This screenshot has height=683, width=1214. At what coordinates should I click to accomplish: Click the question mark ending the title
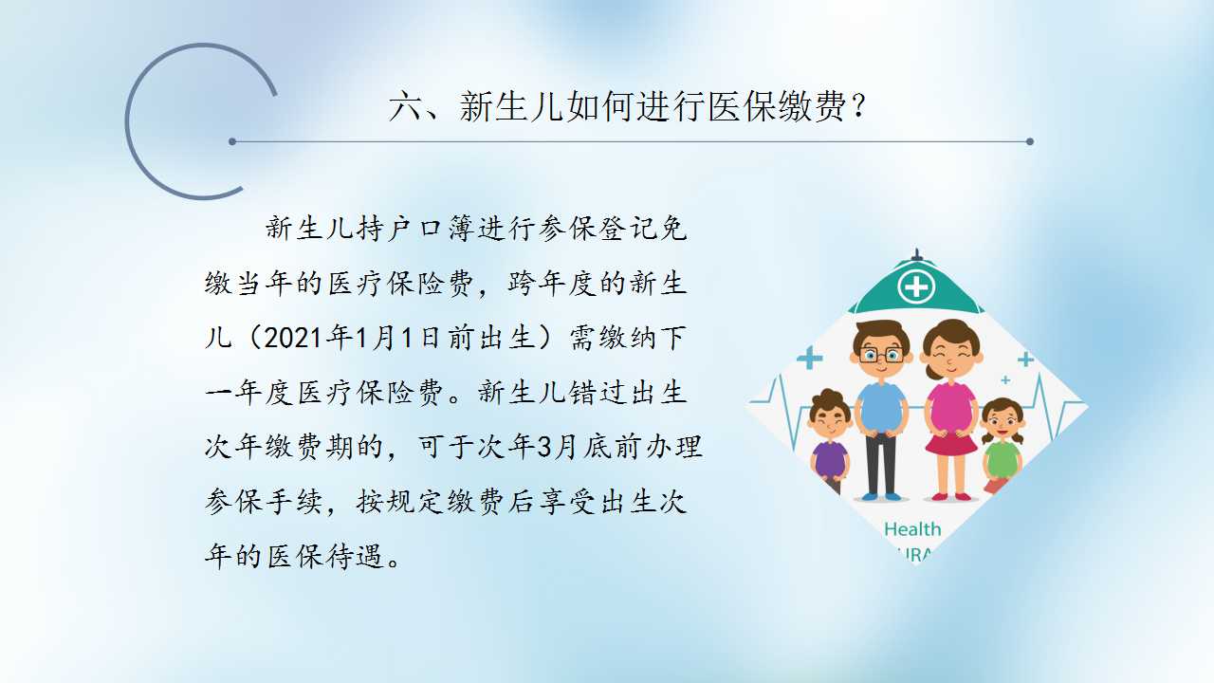click(858, 106)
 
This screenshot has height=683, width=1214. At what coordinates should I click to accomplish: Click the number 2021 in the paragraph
click(293, 338)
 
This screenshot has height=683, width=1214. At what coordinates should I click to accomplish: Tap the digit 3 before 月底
click(543, 447)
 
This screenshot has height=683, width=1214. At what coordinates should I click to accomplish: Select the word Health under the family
click(912, 529)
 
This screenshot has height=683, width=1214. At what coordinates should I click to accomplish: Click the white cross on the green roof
click(916, 286)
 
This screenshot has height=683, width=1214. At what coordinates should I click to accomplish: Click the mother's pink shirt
click(951, 408)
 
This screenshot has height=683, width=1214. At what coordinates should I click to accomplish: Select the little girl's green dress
click(1002, 461)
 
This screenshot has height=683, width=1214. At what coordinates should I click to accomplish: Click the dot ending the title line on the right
click(1030, 141)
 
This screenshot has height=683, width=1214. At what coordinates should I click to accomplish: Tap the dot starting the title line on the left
click(232, 141)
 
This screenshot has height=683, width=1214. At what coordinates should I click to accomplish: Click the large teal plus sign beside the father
click(810, 359)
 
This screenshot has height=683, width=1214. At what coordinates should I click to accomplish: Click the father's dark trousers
click(881, 464)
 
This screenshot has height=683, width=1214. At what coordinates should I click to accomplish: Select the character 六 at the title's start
click(405, 106)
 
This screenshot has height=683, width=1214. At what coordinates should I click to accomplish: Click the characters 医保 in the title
click(741, 106)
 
